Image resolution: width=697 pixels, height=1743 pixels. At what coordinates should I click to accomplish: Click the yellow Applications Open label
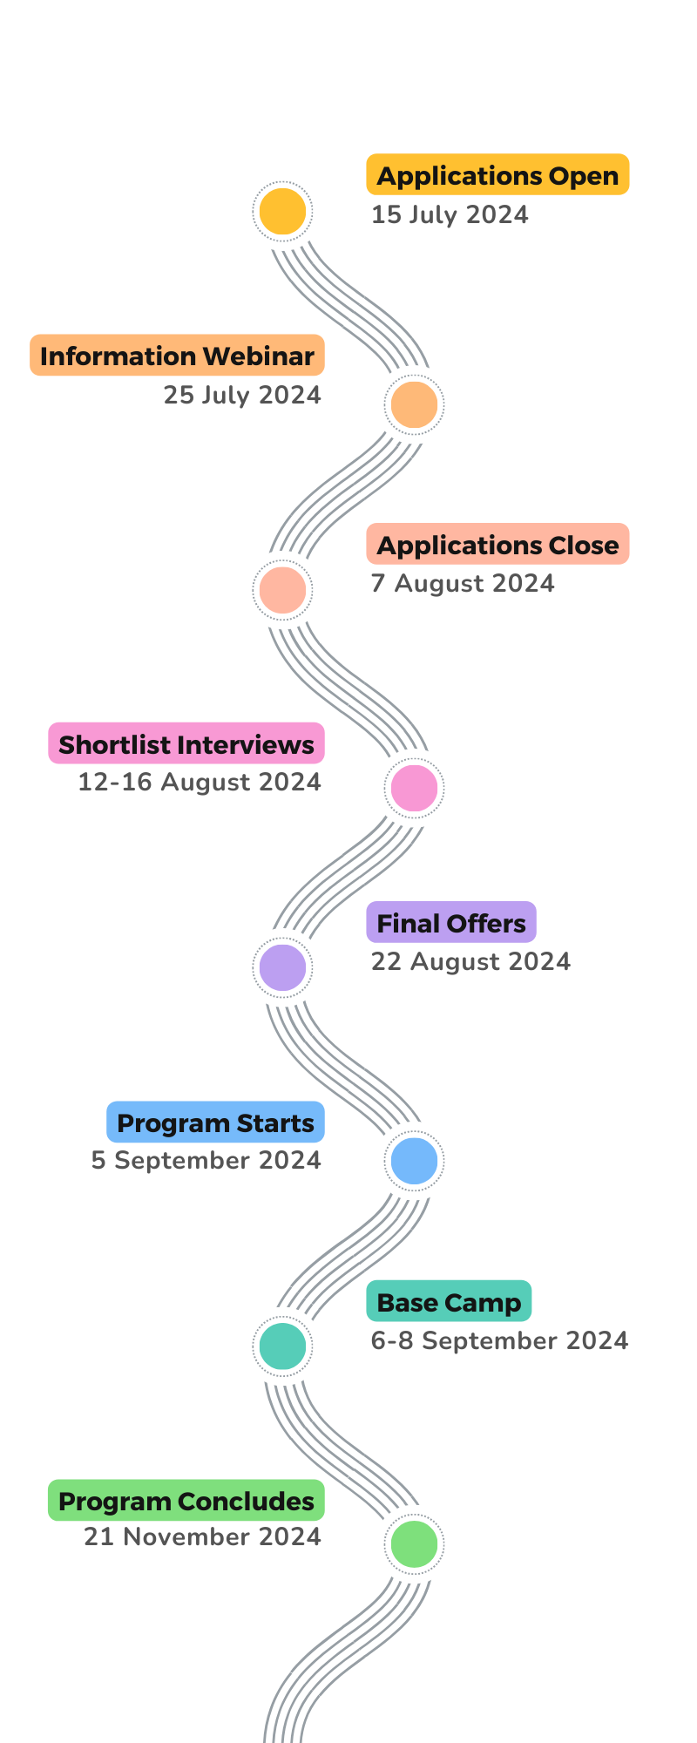[497, 175]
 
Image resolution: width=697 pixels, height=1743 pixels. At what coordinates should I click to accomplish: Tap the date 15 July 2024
[450, 214]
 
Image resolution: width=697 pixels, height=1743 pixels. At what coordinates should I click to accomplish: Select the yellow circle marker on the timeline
[282, 212]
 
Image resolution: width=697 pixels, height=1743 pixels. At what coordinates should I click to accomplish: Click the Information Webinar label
[177, 356]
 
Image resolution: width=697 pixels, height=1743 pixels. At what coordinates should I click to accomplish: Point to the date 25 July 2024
[242, 395]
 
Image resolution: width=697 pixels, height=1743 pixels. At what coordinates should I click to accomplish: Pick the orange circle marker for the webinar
[414, 404]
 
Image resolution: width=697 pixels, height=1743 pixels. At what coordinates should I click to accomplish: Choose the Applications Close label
[497, 545]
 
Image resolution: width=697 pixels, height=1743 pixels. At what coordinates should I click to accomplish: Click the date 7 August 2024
[463, 583]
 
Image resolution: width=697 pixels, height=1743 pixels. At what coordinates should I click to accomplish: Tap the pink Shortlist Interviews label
[186, 743]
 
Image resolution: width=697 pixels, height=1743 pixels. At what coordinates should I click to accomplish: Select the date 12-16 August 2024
[200, 782]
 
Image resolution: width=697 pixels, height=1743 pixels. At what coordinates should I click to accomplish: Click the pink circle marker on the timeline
[414, 787]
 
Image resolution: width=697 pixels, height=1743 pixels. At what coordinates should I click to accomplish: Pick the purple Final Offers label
[451, 923]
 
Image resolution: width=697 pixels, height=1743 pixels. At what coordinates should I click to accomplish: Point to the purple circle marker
[282, 967]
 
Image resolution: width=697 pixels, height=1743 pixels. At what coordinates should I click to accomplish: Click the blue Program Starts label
[215, 1122]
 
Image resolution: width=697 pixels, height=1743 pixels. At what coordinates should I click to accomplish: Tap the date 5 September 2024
[206, 1160]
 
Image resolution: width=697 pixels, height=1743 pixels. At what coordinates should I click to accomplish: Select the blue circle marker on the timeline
[414, 1161]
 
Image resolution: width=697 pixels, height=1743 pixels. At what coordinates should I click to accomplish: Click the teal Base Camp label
[449, 1302]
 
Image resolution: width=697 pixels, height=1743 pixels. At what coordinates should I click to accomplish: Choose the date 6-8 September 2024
[499, 1340]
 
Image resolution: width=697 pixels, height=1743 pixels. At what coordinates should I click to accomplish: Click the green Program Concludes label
[186, 1501]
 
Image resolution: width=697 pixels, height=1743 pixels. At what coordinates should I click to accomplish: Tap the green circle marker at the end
[414, 1543]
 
